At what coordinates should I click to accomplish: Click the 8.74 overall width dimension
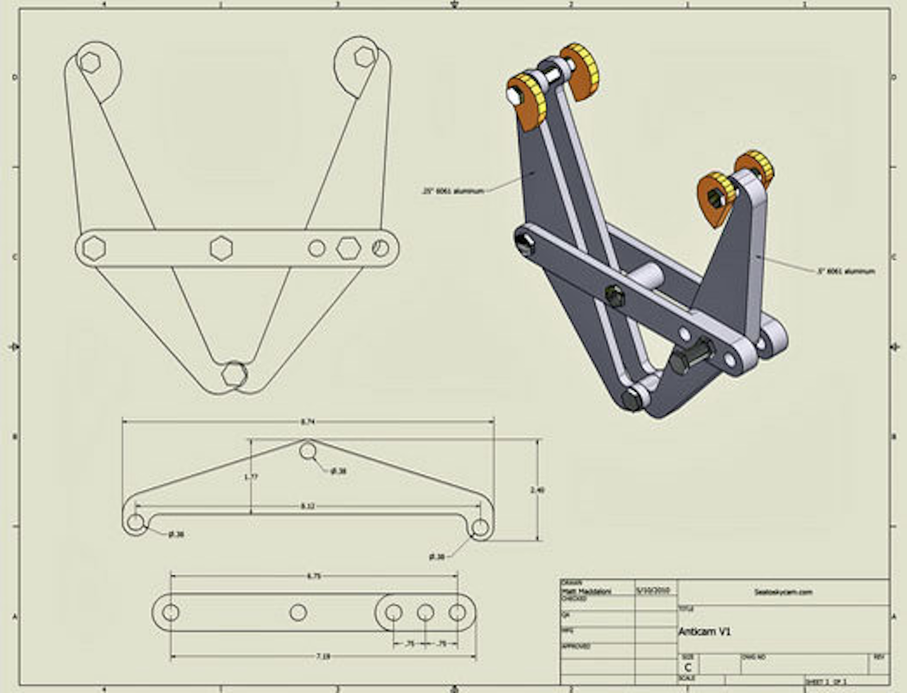pyautogui.click(x=307, y=422)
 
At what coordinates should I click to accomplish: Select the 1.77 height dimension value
pyautogui.click(x=251, y=477)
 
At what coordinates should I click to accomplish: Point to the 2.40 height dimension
pyautogui.click(x=537, y=490)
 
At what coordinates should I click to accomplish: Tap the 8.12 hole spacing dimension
pyautogui.click(x=307, y=506)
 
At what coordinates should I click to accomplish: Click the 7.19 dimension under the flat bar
pyautogui.click(x=322, y=657)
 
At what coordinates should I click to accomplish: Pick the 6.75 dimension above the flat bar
pyautogui.click(x=314, y=576)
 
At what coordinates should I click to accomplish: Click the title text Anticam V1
pyautogui.click(x=704, y=631)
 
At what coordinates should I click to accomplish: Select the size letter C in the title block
pyautogui.click(x=687, y=667)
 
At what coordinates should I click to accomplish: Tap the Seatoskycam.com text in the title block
pyautogui.click(x=783, y=592)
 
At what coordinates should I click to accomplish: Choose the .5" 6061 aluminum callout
pyautogui.click(x=845, y=271)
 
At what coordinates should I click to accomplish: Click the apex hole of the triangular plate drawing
pyautogui.click(x=308, y=451)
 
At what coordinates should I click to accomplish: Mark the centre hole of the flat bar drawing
pyautogui.click(x=298, y=612)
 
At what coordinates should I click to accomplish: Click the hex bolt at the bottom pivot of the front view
pyautogui.click(x=233, y=374)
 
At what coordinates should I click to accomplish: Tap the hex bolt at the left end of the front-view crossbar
pyautogui.click(x=94, y=248)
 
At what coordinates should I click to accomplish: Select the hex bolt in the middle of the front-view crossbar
pyautogui.click(x=221, y=248)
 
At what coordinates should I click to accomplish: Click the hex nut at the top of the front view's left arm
pyautogui.click(x=89, y=62)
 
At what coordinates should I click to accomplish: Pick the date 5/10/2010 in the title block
pyautogui.click(x=655, y=590)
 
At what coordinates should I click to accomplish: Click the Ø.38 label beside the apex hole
pyautogui.click(x=339, y=471)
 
